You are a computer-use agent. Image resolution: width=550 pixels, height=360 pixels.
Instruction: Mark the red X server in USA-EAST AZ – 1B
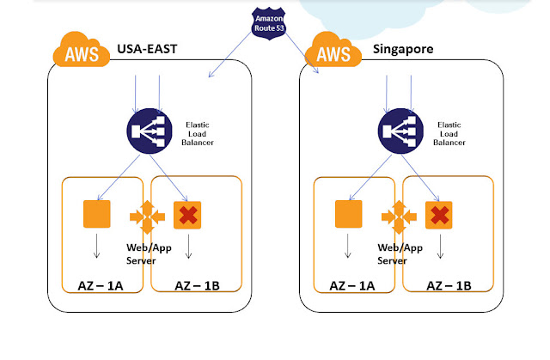187,215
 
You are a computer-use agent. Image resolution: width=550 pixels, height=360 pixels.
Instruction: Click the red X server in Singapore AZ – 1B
441,215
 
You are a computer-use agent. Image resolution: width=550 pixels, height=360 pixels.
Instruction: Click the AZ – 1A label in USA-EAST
96,285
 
